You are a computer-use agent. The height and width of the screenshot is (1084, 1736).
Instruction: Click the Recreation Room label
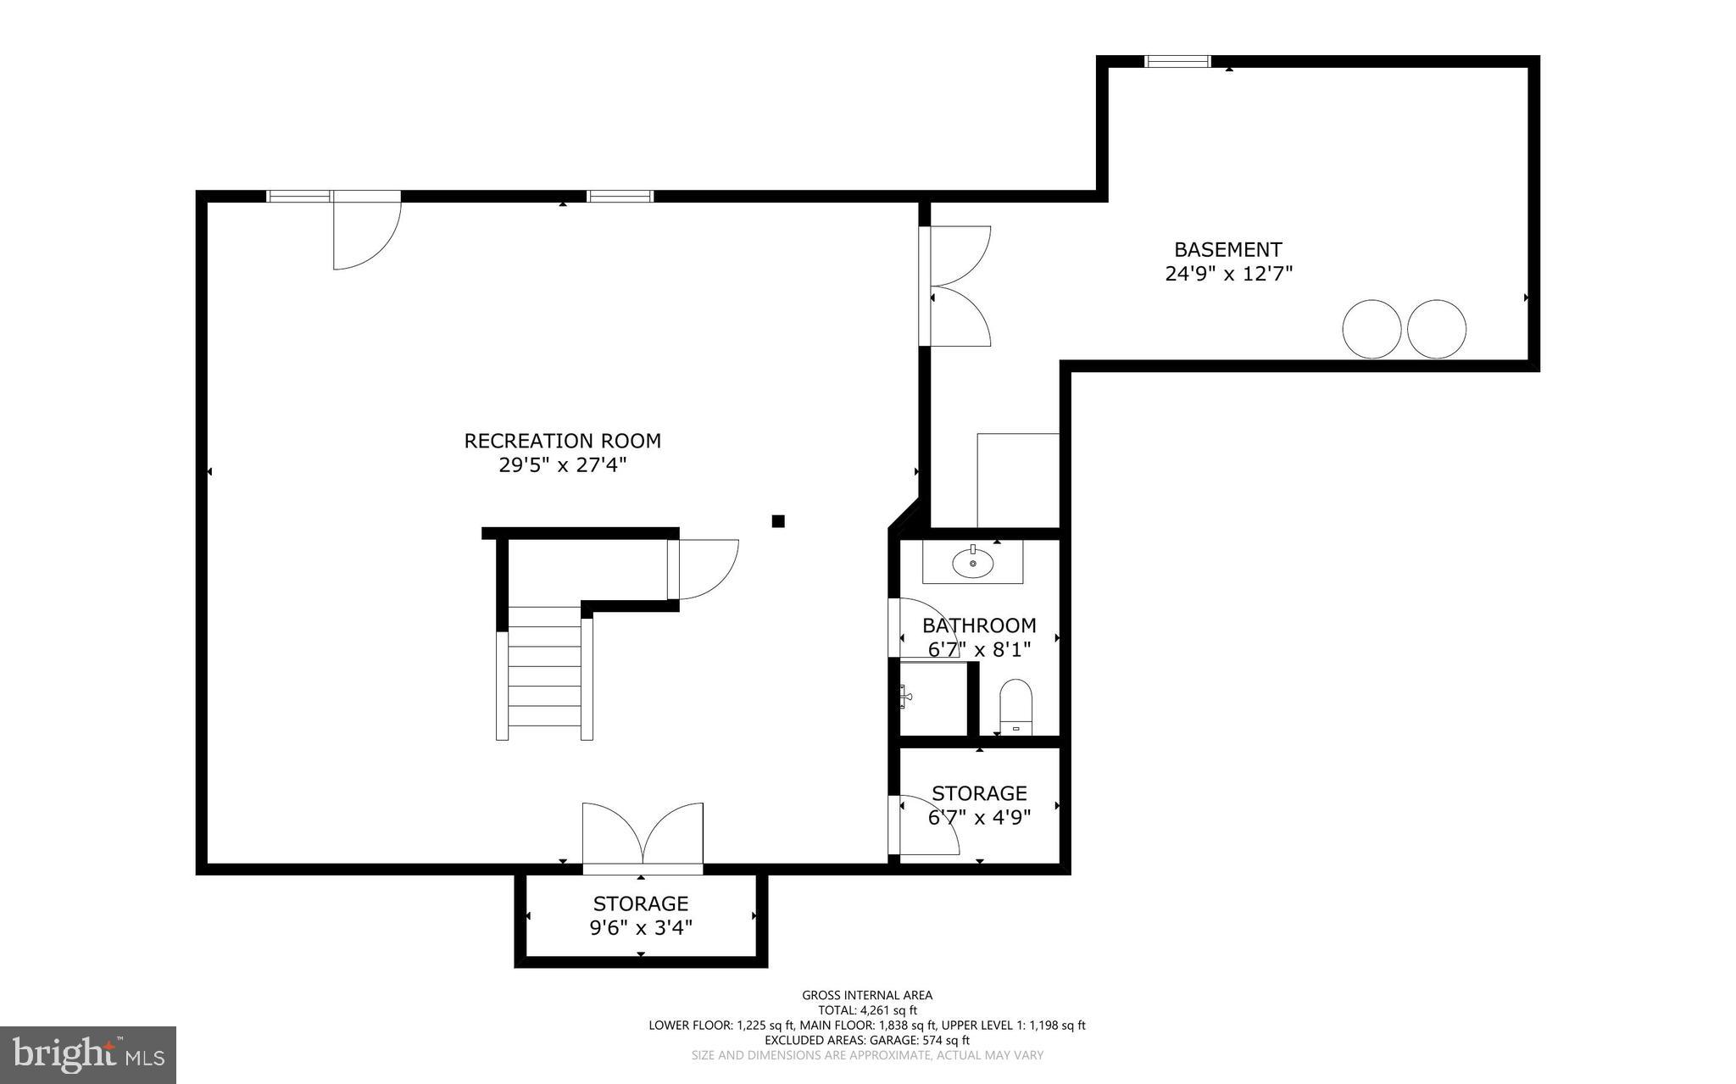coord(562,441)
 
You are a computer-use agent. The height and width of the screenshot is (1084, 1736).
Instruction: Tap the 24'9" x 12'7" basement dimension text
coord(1228,274)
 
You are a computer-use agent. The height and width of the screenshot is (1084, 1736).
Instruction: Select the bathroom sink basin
coord(973,563)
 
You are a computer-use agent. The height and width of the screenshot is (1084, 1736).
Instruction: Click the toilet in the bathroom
coord(1015,705)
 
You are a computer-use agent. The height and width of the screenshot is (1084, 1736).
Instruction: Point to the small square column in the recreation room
coord(778,521)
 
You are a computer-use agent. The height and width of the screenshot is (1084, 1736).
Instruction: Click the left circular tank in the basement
coord(1372,329)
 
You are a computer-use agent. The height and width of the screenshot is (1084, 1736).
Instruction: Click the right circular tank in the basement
coord(1437,329)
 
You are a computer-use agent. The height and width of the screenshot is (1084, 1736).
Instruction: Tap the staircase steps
coord(544,673)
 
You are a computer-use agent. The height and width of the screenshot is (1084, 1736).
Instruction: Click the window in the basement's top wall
coord(1177,61)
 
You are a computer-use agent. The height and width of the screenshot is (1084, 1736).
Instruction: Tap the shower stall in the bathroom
coord(933,699)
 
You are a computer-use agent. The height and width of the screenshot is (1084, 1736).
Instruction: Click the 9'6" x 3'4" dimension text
coord(641,927)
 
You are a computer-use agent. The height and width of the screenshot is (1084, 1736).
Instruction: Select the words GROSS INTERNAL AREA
coord(867,995)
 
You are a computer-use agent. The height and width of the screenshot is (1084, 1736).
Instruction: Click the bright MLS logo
coord(88,1054)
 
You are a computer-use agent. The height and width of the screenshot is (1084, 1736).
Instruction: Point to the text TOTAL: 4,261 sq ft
coord(867,1010)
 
